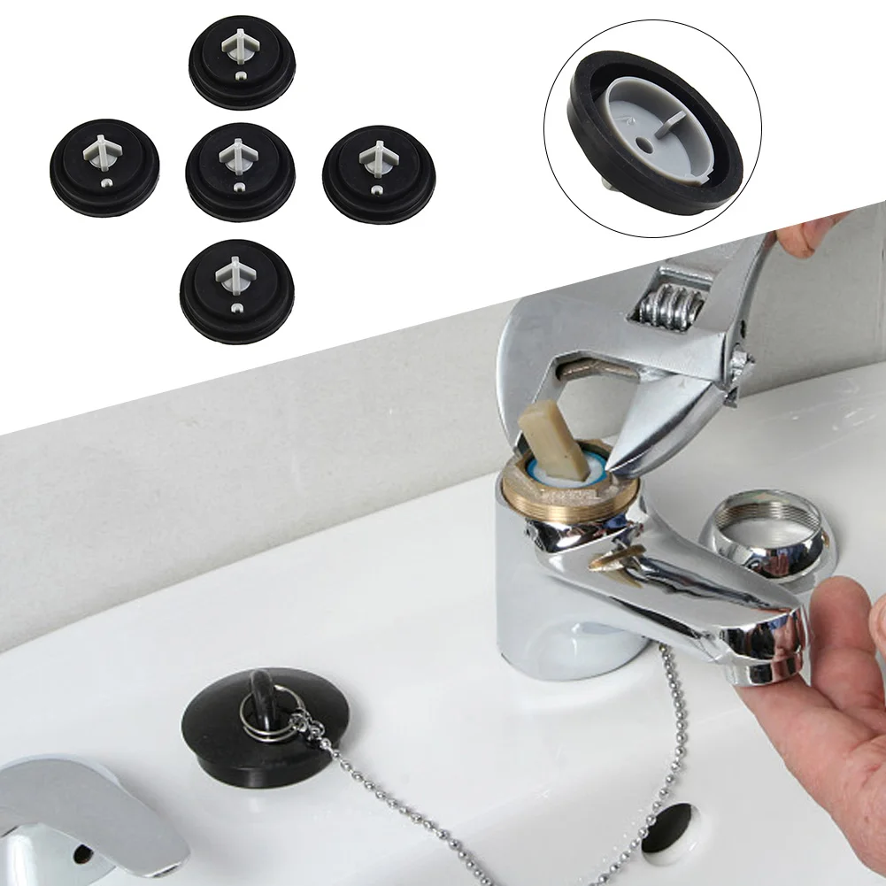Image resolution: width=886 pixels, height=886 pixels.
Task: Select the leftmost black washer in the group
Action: [104, 164]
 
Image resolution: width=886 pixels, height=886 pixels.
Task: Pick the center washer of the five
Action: [239, 168]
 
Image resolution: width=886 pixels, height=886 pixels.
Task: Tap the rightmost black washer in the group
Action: [376, 168]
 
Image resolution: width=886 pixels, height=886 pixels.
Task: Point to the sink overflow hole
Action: [668, 828]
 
